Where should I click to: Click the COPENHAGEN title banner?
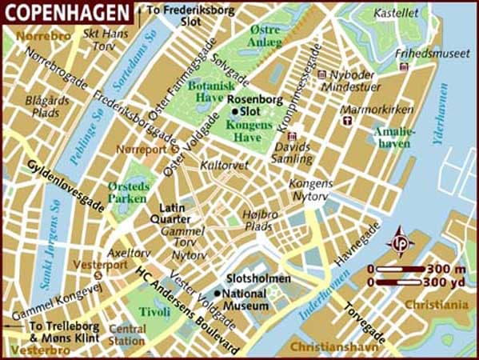66,12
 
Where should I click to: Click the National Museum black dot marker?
216,294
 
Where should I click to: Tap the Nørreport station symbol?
175,149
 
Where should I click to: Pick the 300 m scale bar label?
447,268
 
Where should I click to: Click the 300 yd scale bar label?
447,282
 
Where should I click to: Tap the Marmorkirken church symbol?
347,120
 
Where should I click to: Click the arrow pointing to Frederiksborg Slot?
140,10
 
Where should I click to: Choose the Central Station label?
127,334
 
